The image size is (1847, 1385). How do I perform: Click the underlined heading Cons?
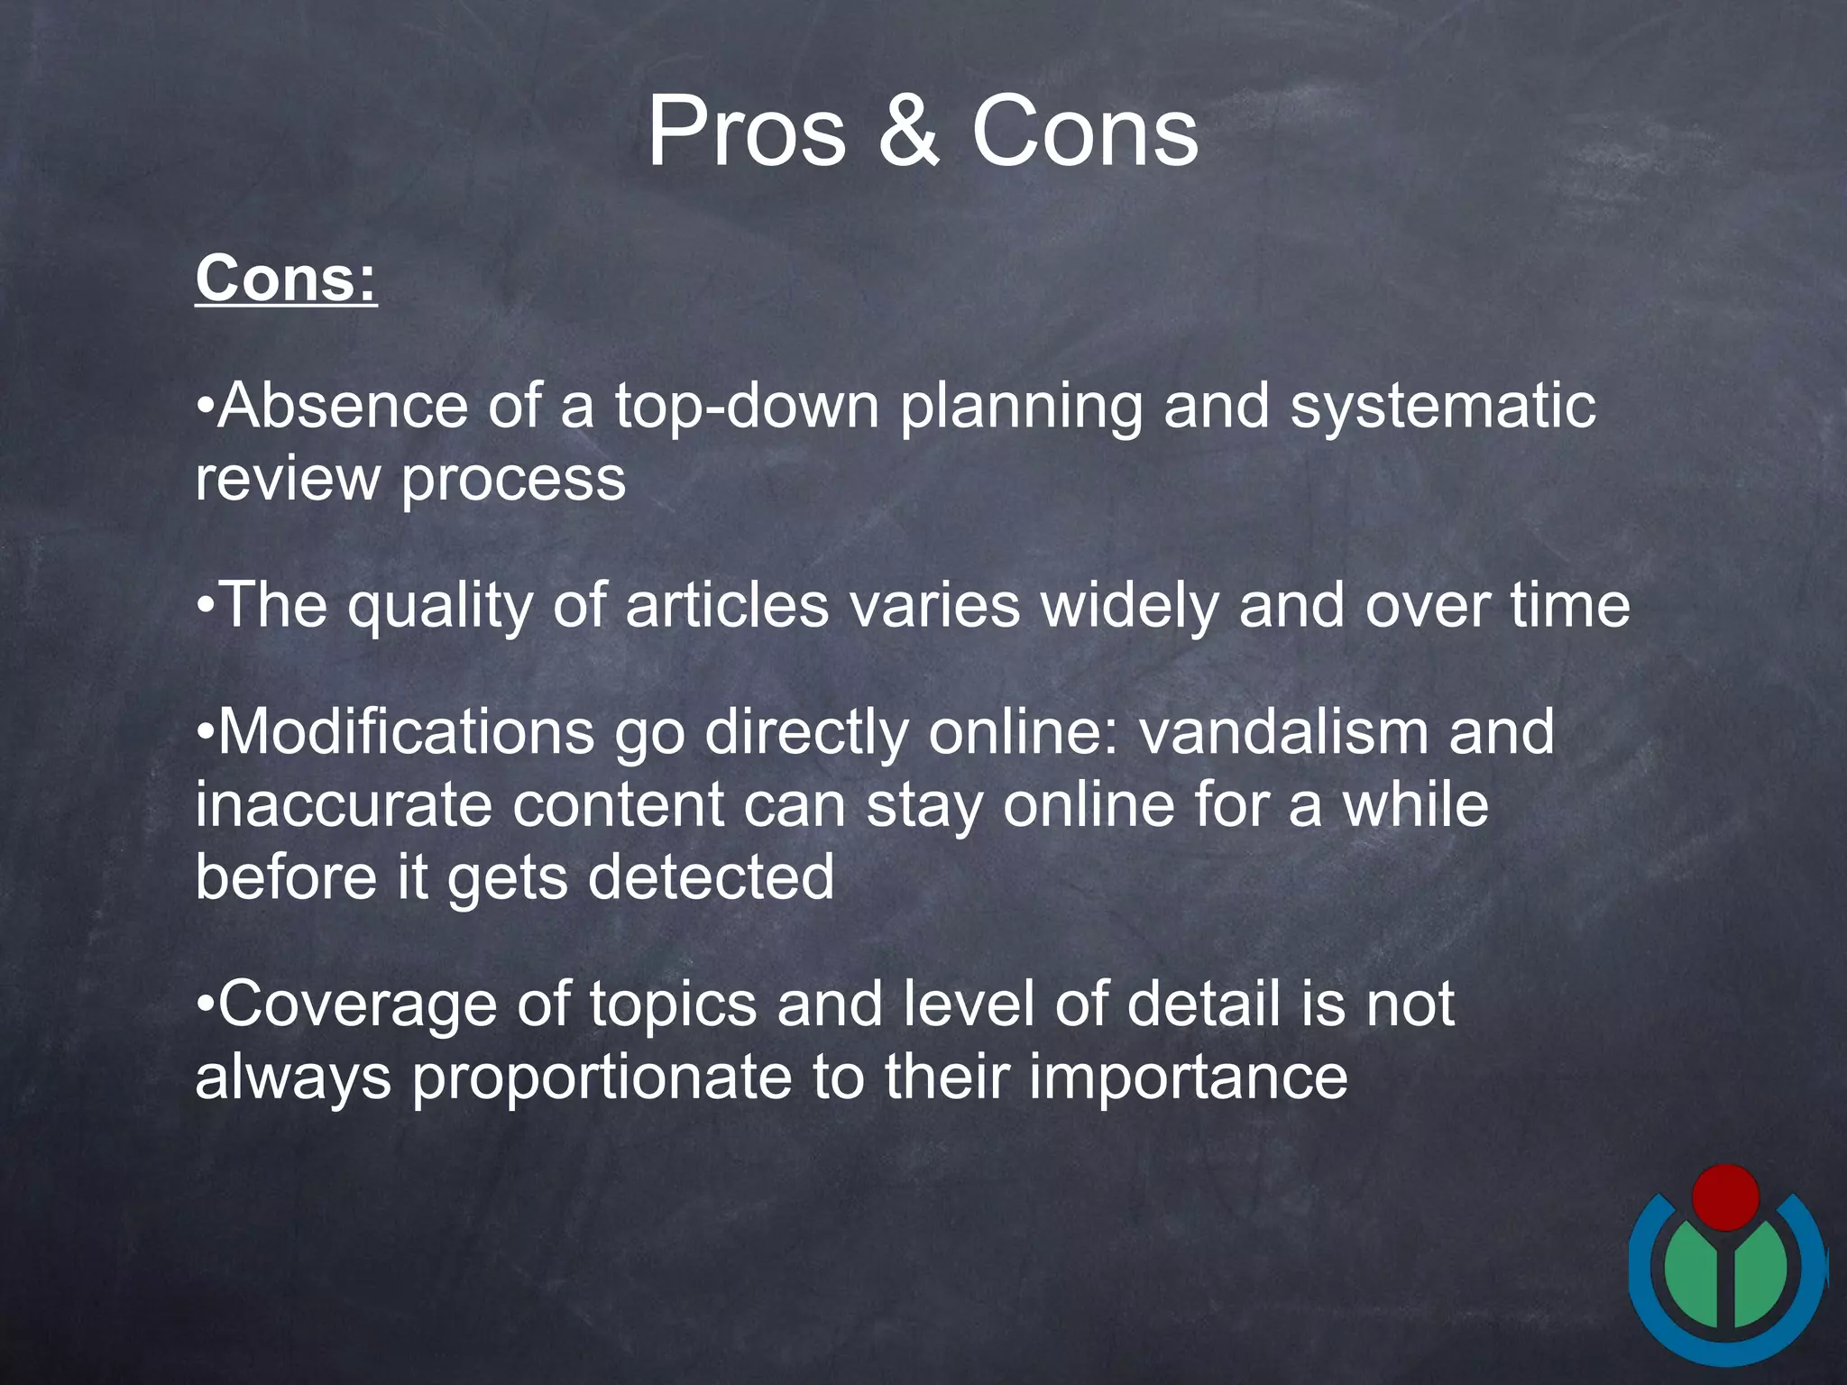click(x=286, y=279)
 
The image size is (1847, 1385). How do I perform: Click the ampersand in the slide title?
click(x=908, y=133)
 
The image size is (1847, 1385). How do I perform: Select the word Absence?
click(x=343, y=405)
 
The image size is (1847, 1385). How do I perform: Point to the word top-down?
click(x=747, y=405)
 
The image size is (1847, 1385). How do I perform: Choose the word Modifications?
click(x=406, y=731)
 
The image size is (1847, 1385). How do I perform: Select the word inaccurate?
click(x=344, y=804)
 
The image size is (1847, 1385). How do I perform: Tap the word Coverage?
click(x=357, y=1004)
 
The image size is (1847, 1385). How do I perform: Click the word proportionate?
click(x=602, y=1078)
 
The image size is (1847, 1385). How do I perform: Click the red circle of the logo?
click(x=1725, y=1197)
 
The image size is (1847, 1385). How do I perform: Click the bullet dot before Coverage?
click(x=206, y=1004)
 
